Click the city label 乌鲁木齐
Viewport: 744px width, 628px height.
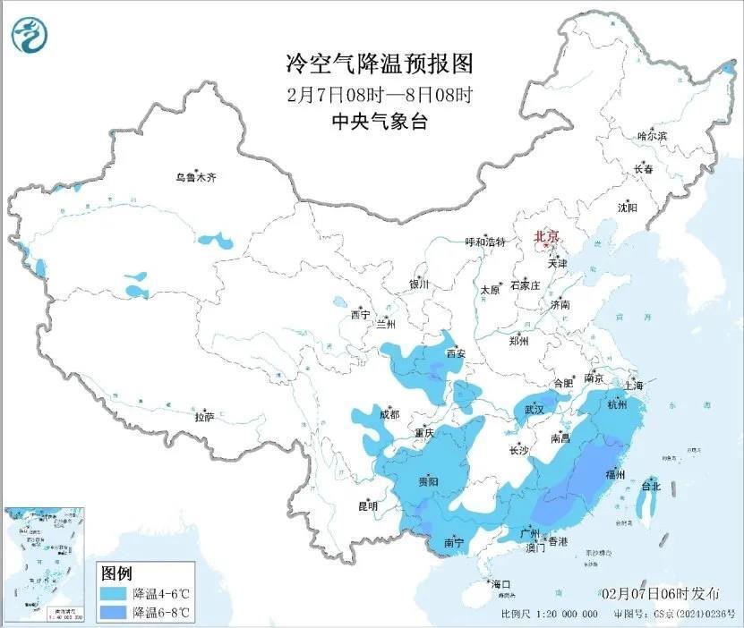[x=195, y=178]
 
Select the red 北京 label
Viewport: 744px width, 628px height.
[x=545, y=237]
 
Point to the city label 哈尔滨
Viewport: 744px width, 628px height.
[x=652, y=135]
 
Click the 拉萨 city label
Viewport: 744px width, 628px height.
[x=204, y=417]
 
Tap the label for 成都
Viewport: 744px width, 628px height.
[x=389, y=415]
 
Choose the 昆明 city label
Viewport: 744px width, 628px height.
[x=368, y=506]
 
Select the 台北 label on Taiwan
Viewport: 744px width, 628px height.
[x=650, y=487]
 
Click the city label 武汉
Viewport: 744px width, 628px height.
[x=534, y=409]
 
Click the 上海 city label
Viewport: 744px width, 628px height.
[x=635, y=386]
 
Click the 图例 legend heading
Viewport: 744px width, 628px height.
[x=117, y=573]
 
